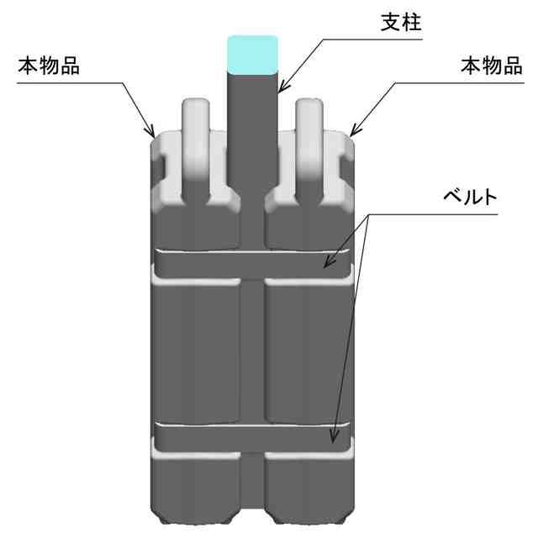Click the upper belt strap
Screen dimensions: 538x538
point(252,262)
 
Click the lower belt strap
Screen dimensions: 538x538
point(252,438)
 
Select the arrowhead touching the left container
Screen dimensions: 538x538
point(151,131)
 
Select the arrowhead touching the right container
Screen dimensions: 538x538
point(354,130)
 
